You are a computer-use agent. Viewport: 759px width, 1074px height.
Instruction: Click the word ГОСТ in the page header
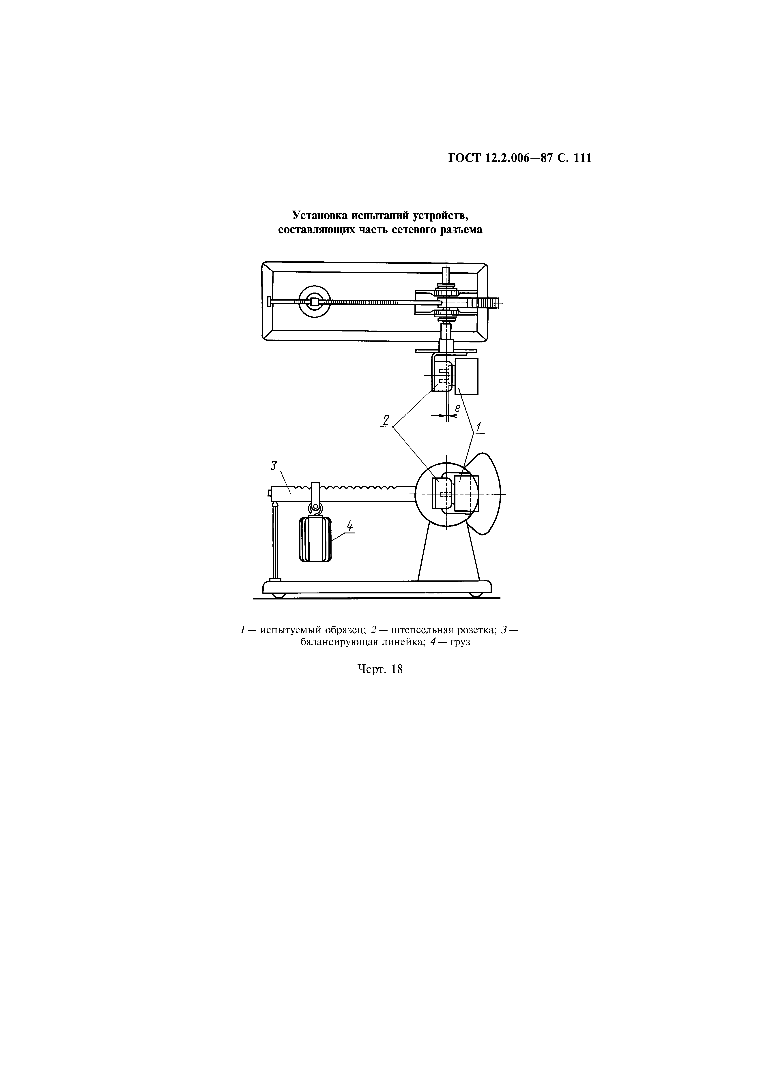click(x=464, y=159)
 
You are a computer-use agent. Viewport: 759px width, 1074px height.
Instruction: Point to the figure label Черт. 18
click(x=380, y=669)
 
